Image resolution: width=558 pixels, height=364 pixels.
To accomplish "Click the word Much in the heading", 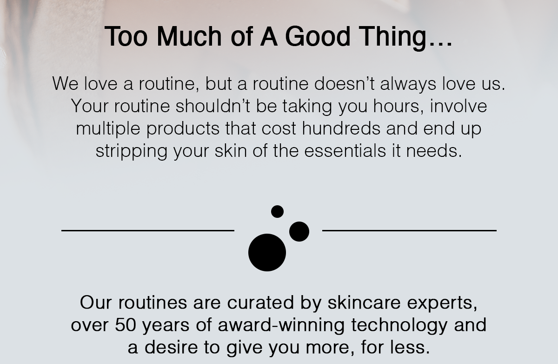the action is click(189, 36).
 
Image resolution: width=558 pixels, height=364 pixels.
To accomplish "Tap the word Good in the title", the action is click(318, 36).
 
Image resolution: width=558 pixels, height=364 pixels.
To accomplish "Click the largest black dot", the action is click(267, 252).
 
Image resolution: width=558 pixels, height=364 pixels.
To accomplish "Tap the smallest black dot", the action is click(277, 211).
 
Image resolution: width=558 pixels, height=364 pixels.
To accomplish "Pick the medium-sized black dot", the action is click(299, 231).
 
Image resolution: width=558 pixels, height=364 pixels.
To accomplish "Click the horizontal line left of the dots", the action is click(148, 230).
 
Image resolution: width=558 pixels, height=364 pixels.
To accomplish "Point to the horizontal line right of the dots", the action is click(409, 230).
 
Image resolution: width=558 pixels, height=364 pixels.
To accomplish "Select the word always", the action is click(408, 85).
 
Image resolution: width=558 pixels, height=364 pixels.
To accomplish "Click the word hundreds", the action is click(341, 128).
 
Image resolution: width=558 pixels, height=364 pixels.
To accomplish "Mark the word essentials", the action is click(345, 151).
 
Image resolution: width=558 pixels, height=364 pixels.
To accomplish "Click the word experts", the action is click(442, 303).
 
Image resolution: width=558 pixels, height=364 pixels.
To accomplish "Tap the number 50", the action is click(126, 325).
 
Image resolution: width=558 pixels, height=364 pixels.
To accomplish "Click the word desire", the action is click(171, 347).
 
